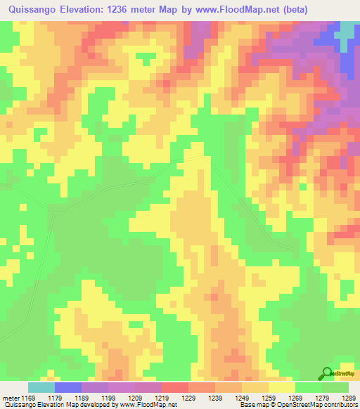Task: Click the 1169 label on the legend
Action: click(29, 398)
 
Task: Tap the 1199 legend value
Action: click(108, 398)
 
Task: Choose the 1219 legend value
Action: click(162, 398)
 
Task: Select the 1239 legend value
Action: click(215, 398)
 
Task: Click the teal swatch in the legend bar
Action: click(41, 388)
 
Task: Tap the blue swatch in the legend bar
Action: click(67, 388)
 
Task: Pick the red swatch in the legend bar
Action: click(174, 388)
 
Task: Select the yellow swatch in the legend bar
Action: click(281, 388)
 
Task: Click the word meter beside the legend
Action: click(11, 398)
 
